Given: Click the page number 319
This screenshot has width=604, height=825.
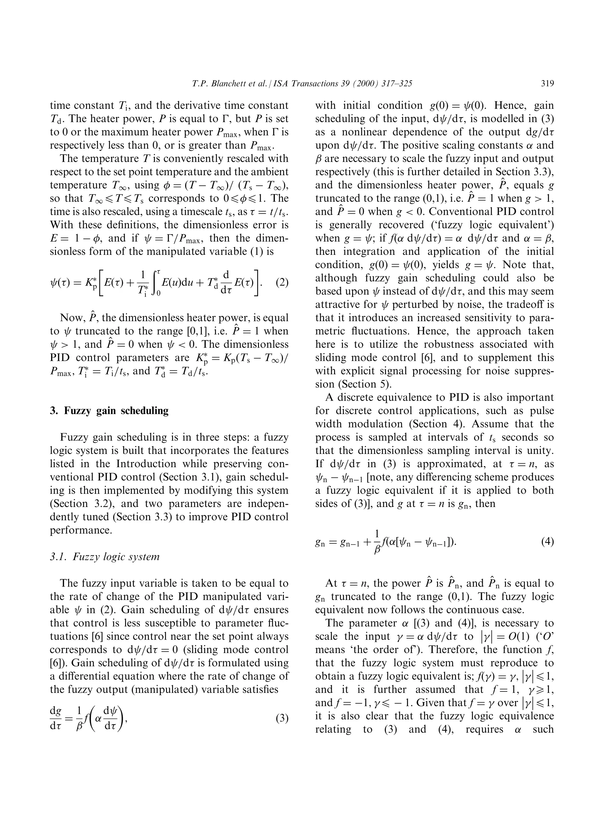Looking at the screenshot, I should point(547,84).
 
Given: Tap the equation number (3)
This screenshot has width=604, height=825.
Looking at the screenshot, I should point(282,718).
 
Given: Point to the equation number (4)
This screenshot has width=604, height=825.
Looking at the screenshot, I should point(547,542).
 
